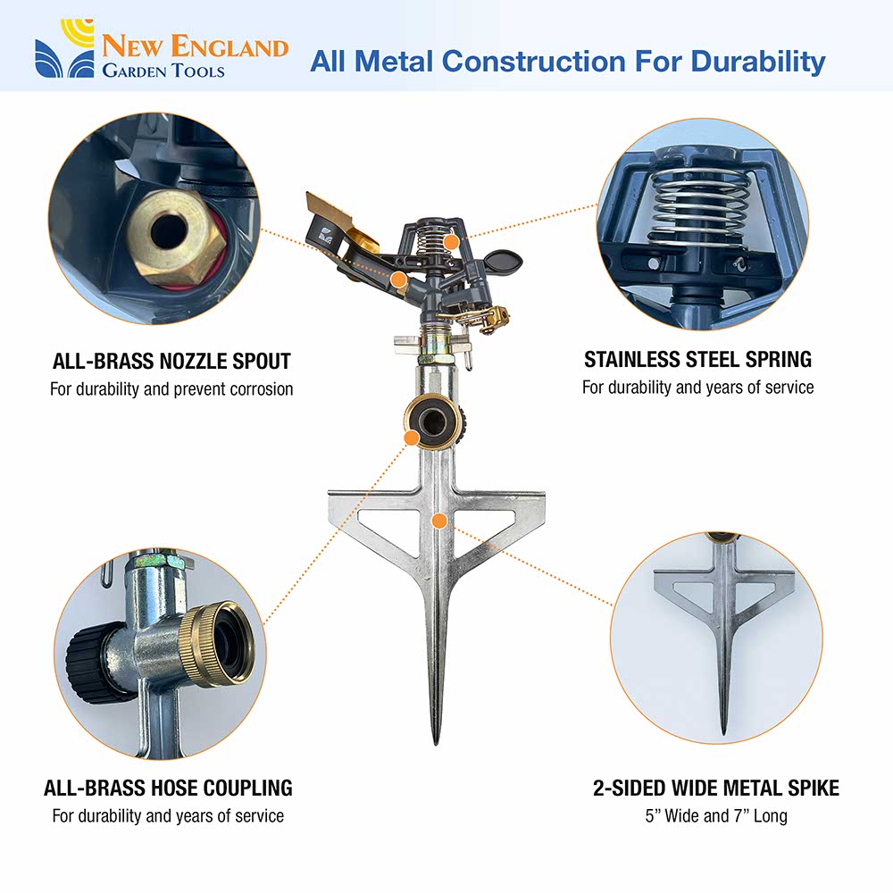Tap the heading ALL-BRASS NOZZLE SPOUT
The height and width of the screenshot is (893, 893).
tap(171, 361)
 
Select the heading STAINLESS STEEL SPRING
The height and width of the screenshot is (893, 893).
tap(697, 359)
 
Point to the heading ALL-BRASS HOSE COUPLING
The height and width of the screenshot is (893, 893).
tap(168, 788)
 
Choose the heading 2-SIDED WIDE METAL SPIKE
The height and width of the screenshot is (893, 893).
tap(716, 788)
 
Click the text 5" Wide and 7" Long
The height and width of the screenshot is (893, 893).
tap(716, 815)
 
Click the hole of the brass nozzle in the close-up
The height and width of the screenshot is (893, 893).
tap(169, 231)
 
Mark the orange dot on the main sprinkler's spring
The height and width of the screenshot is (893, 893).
tap(451, 242)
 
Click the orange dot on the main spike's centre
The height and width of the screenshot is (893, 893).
tap(438, 520)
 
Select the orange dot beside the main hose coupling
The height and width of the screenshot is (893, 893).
tap(411, 438)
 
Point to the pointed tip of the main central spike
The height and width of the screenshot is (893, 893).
tap(436, 742)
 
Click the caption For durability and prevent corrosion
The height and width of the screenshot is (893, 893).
tap(171, 389)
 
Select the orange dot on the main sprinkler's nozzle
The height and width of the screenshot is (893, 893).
tap(399, 280)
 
